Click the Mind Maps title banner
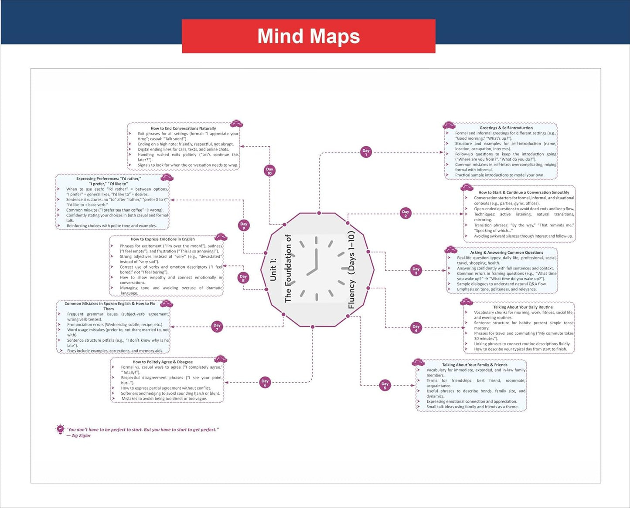[309, 36]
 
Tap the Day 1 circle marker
[366, 152]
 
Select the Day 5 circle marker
[385, 385]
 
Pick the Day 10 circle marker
[269, 170]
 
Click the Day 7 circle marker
[217, 326]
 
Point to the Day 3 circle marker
[416, 270]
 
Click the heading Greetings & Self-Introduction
[506, 128]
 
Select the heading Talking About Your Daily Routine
[523, 307]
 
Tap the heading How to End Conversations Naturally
[184, 128]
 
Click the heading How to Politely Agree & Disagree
[162, 362]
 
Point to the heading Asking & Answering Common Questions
[506, 252]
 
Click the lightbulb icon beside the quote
[60, 429]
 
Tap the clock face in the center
[317, 268]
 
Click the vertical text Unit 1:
[273, 269]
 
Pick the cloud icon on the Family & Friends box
[418, 363]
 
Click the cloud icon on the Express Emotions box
[221, 237]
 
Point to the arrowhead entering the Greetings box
[442, 152]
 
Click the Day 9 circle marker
[244, 225]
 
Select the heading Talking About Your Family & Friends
[475, 365]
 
